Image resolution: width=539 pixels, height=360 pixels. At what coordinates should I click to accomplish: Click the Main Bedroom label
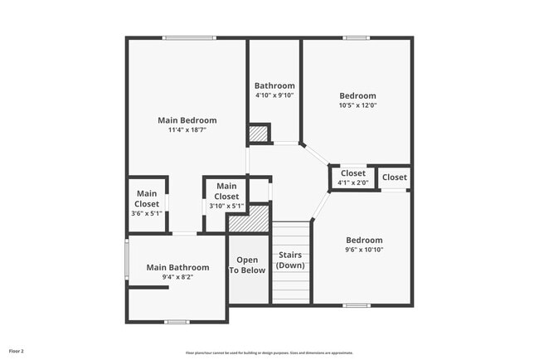pos(187,120)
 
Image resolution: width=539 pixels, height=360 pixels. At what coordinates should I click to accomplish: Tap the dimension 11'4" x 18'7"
pos(187,130)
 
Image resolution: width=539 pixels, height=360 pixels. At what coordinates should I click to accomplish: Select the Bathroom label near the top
pos(274,85)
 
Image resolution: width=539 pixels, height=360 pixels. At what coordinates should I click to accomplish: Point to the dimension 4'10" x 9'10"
pos(274,95)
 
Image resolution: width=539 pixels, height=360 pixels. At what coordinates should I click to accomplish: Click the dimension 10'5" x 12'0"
pos(357,105)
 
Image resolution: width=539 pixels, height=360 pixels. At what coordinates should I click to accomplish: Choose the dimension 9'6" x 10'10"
pos(364,250)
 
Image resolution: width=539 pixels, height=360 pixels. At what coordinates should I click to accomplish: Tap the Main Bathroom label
pos(177,267)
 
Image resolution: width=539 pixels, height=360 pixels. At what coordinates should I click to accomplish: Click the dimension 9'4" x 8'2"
pos(177,278)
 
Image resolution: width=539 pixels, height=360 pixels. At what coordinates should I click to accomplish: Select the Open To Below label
pos(247,265)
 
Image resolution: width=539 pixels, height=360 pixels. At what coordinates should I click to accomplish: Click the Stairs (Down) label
pos(291,260)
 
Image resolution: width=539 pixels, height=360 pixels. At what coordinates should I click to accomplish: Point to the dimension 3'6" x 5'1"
pos(147,214)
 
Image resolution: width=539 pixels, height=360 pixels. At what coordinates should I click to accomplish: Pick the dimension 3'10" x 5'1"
pos(226,207)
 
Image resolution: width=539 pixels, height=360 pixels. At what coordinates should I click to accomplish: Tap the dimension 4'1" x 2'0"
pos(352,182)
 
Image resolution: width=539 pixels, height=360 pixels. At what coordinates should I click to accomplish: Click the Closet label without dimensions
pos(395,178)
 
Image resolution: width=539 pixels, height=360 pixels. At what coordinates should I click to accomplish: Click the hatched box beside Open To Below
pos(249,220)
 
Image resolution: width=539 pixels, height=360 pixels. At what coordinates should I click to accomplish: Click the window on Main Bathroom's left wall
pos(127,260)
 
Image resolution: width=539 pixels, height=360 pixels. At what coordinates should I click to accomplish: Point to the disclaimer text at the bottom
pos(269,353)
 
